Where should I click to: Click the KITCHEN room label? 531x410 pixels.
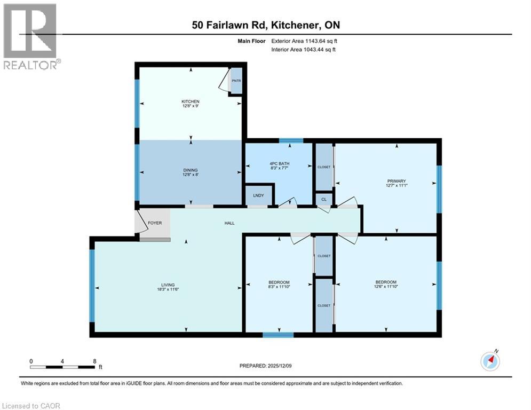click(190, 101)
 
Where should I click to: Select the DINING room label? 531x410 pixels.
click(190, 170)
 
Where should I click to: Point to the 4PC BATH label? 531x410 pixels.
click(278, 163)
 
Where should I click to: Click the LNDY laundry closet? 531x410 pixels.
click(259, 196)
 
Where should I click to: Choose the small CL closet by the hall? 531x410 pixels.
click(323, 199)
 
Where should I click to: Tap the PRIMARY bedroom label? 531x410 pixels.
click(396, 182)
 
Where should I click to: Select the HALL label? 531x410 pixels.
click(229, 223)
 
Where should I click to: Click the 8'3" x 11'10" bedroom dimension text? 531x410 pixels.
click(279, 287)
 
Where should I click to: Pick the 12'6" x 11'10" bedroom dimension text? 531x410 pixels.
click(385, 287)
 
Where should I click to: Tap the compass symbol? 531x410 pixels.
click(489, 361)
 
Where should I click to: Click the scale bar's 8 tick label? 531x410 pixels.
click(94, 361)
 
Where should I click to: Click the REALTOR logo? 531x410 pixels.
click(30, 36)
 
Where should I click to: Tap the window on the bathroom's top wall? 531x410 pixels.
click(291, 141)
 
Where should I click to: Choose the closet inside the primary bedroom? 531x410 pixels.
click(323, 167)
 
